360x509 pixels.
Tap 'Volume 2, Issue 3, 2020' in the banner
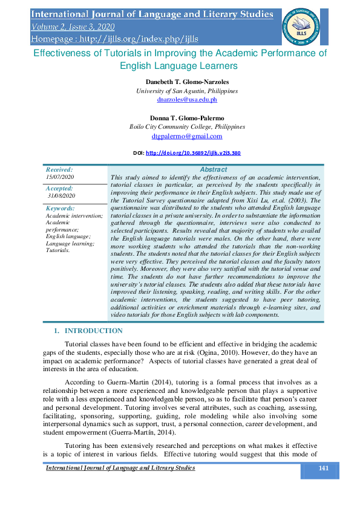click(x=73, y=27)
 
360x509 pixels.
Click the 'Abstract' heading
click(x=213, y=170)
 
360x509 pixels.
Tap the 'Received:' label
click(x=59, y=170)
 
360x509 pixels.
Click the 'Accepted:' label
click(x=59, y=189)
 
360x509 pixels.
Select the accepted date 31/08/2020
click(x=61, y=196)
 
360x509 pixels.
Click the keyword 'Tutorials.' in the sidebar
click(x=58, y=250)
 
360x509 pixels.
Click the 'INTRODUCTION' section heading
click(x=93, y=331)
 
